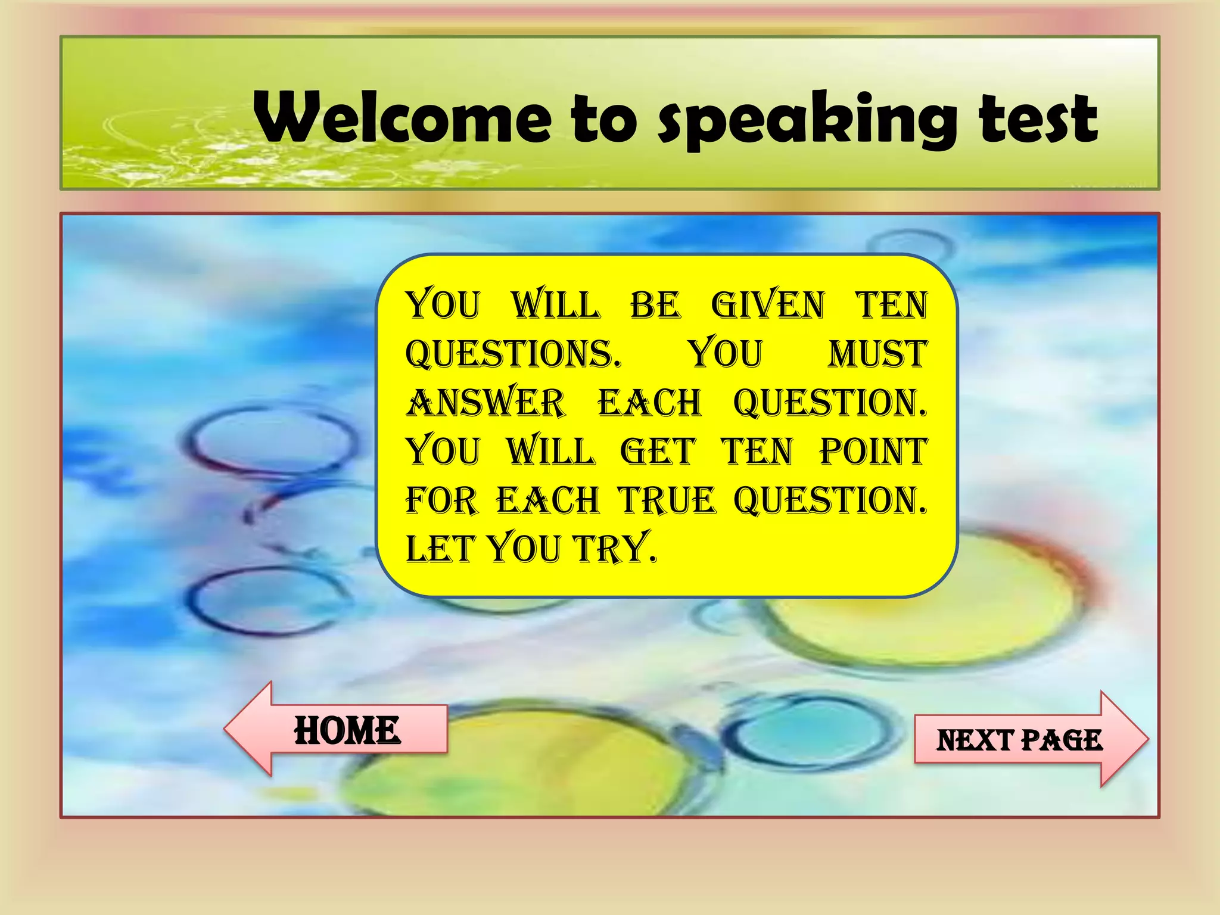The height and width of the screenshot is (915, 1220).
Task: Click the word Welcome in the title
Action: (x=403, y=117)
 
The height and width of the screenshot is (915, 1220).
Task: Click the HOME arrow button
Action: (x=347, y=730)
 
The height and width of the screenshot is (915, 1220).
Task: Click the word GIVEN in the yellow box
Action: (x=767, y=305)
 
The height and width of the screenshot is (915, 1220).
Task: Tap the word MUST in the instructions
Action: (x=877, y=354)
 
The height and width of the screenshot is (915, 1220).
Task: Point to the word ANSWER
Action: (x=485, y=403)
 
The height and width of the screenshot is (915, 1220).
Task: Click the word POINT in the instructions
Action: (x=873, y=452)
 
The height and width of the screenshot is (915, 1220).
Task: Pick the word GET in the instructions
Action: (x=658, y=452)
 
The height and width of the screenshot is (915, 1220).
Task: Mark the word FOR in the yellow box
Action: (x=441, y=500)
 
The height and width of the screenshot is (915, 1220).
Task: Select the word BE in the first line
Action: (x=655, y=305)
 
